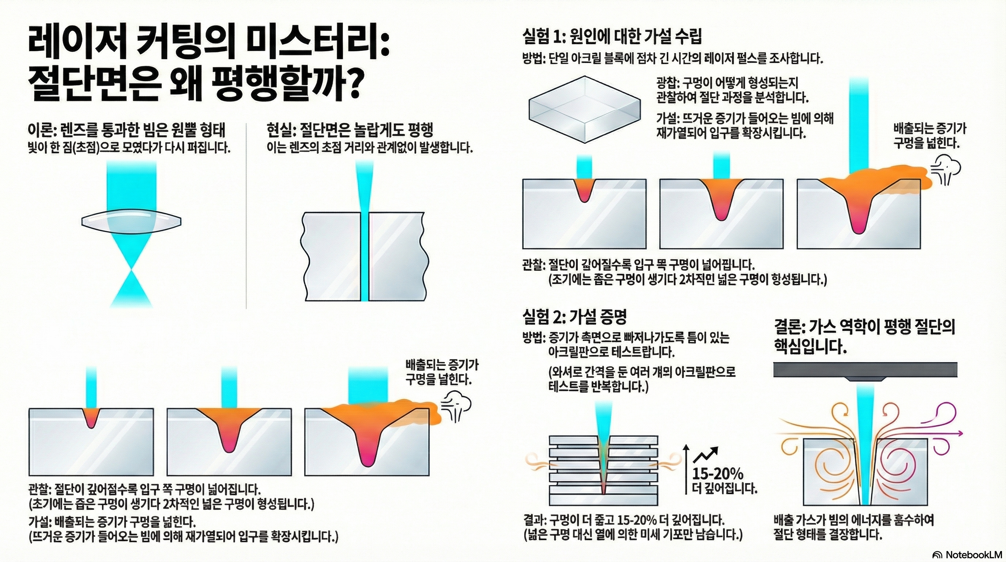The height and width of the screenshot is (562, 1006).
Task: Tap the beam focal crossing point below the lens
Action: coord(132,269)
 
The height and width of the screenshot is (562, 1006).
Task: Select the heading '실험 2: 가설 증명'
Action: coord(574,317)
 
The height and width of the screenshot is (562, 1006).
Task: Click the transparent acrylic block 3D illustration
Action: coord(585,109)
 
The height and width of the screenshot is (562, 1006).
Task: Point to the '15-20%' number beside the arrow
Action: coord(718,474)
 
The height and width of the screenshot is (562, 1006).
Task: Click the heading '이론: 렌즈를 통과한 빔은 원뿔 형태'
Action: coord(126,131)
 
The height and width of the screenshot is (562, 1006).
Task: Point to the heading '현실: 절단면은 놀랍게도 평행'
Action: coord(349,130)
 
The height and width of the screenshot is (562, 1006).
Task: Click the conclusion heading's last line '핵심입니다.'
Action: coord(810,346)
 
